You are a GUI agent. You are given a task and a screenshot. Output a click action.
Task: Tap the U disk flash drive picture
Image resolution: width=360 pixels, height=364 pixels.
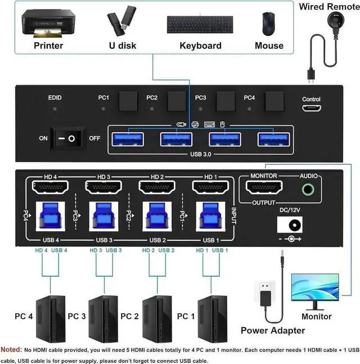point(121,21)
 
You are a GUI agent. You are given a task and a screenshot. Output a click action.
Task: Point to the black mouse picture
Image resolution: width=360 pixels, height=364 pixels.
point(268,23)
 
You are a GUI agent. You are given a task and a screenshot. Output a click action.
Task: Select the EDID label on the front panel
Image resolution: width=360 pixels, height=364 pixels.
point(55,98)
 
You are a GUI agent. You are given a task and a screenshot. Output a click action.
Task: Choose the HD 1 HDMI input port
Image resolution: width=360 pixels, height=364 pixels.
point(209,187)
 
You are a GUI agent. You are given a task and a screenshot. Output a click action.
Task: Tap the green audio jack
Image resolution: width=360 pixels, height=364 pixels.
point(308,189)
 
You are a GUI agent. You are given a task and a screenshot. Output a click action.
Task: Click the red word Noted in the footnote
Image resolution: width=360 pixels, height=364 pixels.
point(12,349)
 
